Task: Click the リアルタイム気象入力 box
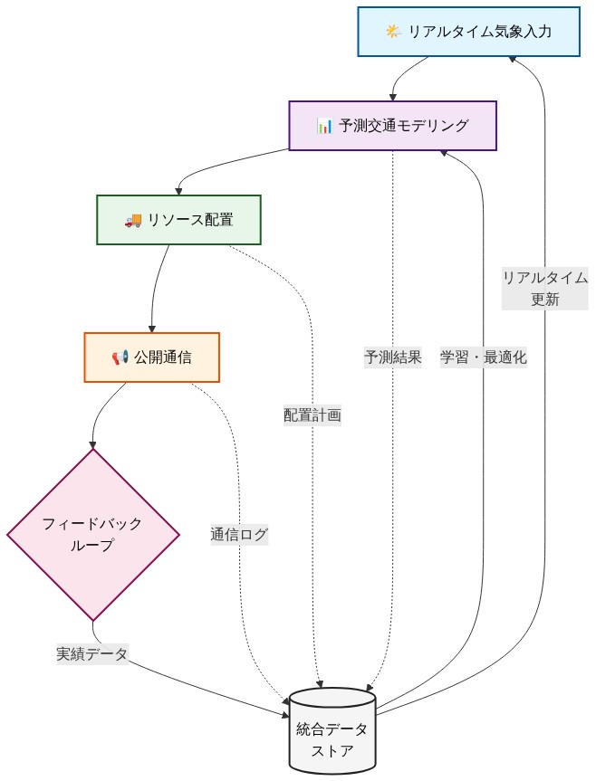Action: coord(468,33)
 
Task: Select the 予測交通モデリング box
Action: coord(392,125)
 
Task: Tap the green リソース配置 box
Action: coord(178,219)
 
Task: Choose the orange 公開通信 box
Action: coord(151,357)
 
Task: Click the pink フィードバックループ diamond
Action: coord(92,534)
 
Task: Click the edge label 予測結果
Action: coord(392,357)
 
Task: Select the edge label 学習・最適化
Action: coord(483,357)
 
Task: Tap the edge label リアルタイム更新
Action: coord(545,289)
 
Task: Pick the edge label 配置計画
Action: coord(312,415)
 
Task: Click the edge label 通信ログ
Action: coord(239,534)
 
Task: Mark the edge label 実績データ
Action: coord(91,653)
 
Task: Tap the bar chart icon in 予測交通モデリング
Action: coord(324,126)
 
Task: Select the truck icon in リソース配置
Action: coord(132,220)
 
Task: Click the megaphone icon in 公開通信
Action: coord(120,358)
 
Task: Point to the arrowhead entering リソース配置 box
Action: coord(178,190)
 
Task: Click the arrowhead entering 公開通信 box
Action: coord(151,329)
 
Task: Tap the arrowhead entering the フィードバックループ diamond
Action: coord(92,444)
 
